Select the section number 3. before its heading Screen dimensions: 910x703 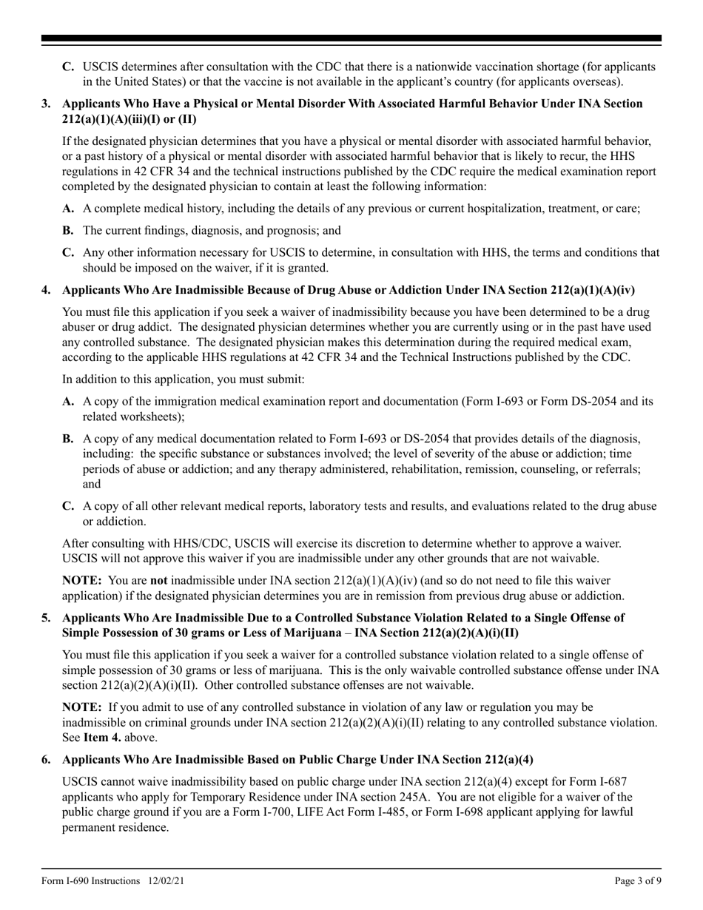[46, 104]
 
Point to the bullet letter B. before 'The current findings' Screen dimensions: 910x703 [68, 230]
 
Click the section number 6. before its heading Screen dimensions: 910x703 [46, 760]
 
